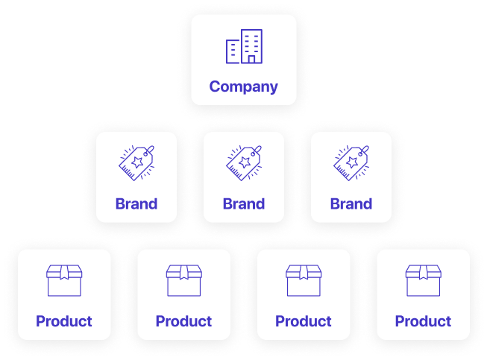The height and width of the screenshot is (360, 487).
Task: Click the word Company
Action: [x=243, y=86]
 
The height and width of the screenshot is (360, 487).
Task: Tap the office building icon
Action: [x=244, y=46]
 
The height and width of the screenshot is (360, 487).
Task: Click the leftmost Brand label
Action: [x=136, y=203]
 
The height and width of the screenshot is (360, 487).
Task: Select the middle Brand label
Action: [x=244, y=203]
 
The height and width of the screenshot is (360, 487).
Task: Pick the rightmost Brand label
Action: [x=351, y=203]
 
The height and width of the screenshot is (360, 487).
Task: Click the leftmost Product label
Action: [x=64, y=321]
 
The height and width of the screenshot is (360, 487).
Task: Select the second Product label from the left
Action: [x=183, y=321]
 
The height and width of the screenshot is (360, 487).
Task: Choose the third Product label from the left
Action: [x=304, y=321]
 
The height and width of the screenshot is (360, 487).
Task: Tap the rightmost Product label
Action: [x=423, y=321]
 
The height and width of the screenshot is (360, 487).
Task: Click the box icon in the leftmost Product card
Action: [x=64, y=281]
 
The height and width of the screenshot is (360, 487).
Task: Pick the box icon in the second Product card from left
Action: [x=183, y=281]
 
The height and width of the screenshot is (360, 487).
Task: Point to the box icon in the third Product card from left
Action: [x=304, y=281]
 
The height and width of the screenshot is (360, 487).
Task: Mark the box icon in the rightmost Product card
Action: [x=423, y=281]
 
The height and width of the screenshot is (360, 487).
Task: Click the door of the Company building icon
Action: [x=252, y=58]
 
